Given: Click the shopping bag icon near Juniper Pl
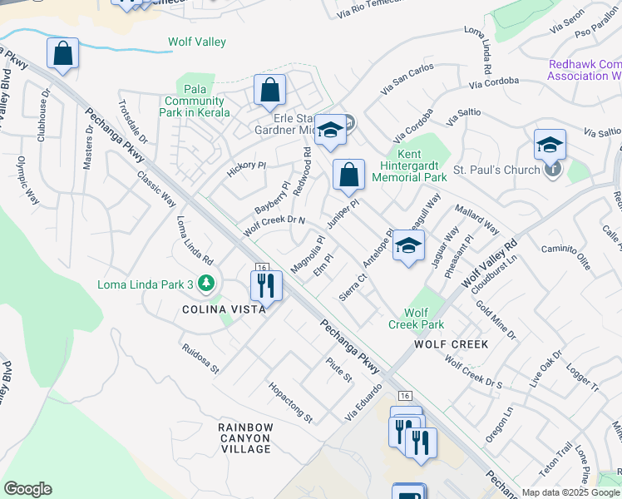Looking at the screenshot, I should click(x=349, y=175).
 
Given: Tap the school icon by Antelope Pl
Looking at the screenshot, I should click(x=407, y=245).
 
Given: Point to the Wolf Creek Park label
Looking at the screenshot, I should click(x=416, y=319).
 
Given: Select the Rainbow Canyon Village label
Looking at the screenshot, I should click(x=245, y=438).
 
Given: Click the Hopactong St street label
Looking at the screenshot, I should click(x=289, y=402).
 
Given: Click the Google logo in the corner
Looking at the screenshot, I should click(x=27, y=489).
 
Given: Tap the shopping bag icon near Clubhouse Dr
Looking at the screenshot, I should click(x=62, y=55).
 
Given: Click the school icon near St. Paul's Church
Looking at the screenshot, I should click(x=550, y=144).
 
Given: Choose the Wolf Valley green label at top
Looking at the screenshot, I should click(x=197, y=42).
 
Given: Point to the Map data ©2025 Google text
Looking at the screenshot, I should click(x=570, y=492).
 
